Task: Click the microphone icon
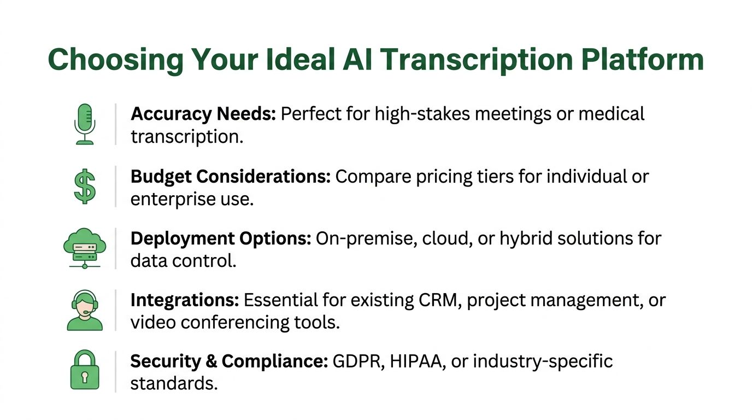[x=85, y=124]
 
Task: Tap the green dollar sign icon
[x=85, y=186]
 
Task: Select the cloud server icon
[x=84, y=249]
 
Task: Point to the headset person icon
[x=85, y=311]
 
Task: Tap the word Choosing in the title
[x=116, y=60]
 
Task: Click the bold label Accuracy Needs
[x=204, y=114]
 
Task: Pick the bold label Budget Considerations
[x=230, y=177]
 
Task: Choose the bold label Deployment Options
[x=221, y=239]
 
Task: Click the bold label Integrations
[x=184, y=301]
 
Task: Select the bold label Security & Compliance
[x=228, y=362]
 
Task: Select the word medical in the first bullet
[x=612, y=114]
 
